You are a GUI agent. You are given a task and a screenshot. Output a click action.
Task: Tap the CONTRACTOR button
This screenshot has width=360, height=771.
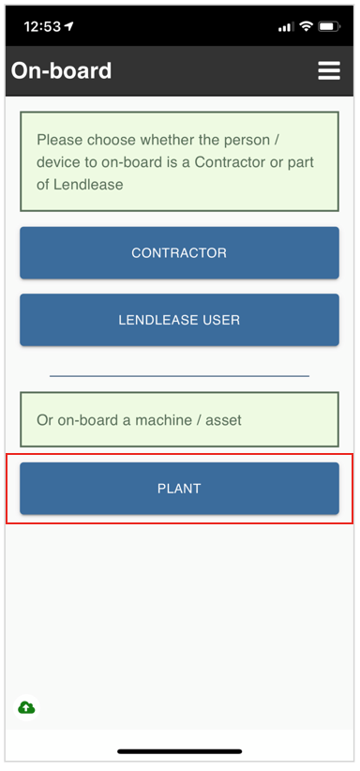[179, 252]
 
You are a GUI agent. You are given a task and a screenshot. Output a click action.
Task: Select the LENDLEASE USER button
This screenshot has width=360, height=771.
[179, 320]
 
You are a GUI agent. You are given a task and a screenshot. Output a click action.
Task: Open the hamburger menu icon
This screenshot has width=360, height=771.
[328, 71]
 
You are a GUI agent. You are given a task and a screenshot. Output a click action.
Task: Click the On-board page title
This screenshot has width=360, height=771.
[61, 71]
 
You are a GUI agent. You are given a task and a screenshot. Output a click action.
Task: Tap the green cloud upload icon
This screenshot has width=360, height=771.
[26, 707]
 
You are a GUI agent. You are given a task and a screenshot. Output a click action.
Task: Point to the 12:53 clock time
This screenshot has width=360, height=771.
[42, 26]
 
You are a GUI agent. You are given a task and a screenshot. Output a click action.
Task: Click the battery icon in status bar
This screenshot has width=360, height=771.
[329, 26]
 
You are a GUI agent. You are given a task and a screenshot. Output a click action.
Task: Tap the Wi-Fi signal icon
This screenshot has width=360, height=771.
[306, 26]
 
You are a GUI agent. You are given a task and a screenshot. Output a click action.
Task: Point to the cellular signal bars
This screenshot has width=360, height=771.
[286, 26]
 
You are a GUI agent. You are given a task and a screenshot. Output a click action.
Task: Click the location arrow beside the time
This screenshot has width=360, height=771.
[68, 26]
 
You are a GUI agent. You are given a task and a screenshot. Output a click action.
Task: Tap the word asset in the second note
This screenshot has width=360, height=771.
[223, 420]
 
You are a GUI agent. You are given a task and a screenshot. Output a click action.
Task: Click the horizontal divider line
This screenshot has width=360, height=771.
[179, 376]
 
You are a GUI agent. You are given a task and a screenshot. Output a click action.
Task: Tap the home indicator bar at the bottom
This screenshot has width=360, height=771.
[179, 751]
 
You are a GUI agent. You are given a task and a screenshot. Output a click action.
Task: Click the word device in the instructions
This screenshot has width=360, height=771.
[58, 162]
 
